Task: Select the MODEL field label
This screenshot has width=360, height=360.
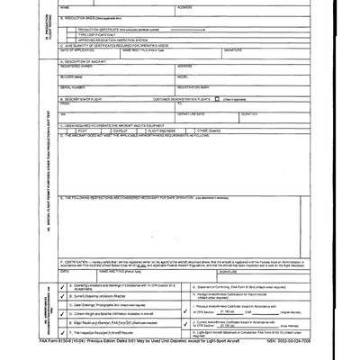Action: click(x=184, y=76)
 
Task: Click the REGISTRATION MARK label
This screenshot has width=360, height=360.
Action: click(x=193, y=87)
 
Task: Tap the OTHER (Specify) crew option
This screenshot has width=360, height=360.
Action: click(x=209, y=130)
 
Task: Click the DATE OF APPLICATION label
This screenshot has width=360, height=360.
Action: click(x=76, y=49)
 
